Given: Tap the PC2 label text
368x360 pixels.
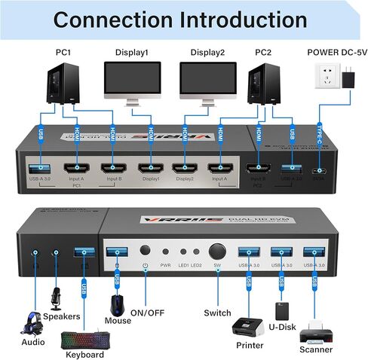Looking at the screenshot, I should (x=262, y=53).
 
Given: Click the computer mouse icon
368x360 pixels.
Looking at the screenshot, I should (x=118, y=303).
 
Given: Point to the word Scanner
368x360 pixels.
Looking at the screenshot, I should (x=317, y=349).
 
